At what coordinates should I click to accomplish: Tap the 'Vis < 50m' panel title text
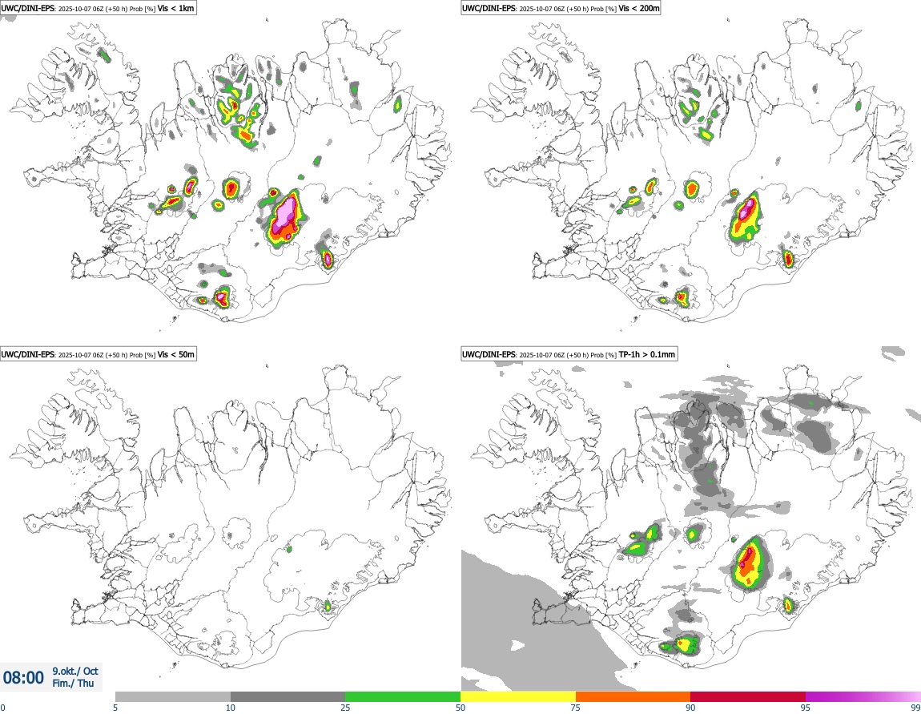click(176, 354)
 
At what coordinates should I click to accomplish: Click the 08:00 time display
click(24, 678)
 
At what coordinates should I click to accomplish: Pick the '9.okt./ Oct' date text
click(75, 671)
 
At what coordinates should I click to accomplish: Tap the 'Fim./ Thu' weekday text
click(73, 684)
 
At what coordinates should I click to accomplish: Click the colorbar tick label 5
click(115, 708)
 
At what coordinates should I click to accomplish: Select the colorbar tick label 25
click(345, 708)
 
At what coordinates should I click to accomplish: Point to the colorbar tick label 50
click(460, 708)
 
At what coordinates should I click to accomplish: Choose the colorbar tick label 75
click(576, 708)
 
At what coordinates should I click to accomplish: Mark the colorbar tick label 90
click(690, 708)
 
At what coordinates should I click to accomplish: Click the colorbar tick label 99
click(915, 708)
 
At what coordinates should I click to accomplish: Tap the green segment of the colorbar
click(403, 696)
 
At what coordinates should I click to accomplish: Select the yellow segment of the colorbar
click(518, 696)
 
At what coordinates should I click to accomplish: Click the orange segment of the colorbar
click(633, 696)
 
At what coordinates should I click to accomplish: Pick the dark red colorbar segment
click(748, 696)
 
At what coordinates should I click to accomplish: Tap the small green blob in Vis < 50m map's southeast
click(327, 607)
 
